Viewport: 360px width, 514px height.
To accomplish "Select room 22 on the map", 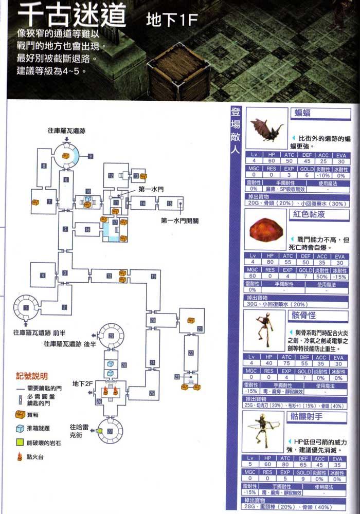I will point(191,353).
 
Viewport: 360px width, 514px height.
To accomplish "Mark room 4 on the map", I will point(43,275).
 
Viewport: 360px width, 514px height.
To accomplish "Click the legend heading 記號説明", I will point(34,375).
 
